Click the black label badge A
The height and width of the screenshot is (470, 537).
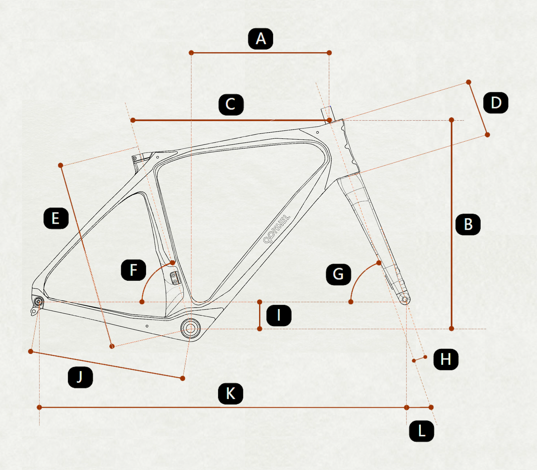click(x=261, y=39)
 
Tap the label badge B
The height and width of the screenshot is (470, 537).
click(x=468, y=224)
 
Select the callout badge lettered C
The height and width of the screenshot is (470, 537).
click(x=231, y=105)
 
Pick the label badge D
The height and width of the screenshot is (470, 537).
click(x=496, y=103)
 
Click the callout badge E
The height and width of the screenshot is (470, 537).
click(x=56, y=218)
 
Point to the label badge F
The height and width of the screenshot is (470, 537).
click(x=133, y=270)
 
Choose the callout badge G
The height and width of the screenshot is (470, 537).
click(x=338, y=274)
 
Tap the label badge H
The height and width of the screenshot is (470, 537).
click(x=446, y=359)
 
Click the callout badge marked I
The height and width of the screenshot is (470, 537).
click(x=279, y=315)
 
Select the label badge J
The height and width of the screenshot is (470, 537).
click(x=80, y=377)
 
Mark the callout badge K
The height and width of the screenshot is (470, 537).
click(x=230, y=394)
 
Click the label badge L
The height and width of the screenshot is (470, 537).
click(x=421, y=431)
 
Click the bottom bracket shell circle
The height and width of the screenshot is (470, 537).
click(x=190, y=328)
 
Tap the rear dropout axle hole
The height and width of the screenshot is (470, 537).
click(x=38, y=302)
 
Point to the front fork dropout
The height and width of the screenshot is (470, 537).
click(x=405, y=299)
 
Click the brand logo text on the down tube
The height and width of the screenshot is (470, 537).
click(x=276, y=229)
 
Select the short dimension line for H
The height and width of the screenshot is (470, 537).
click(x=419, y=359)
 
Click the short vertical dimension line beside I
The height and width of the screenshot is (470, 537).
click(x=260, y=315)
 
